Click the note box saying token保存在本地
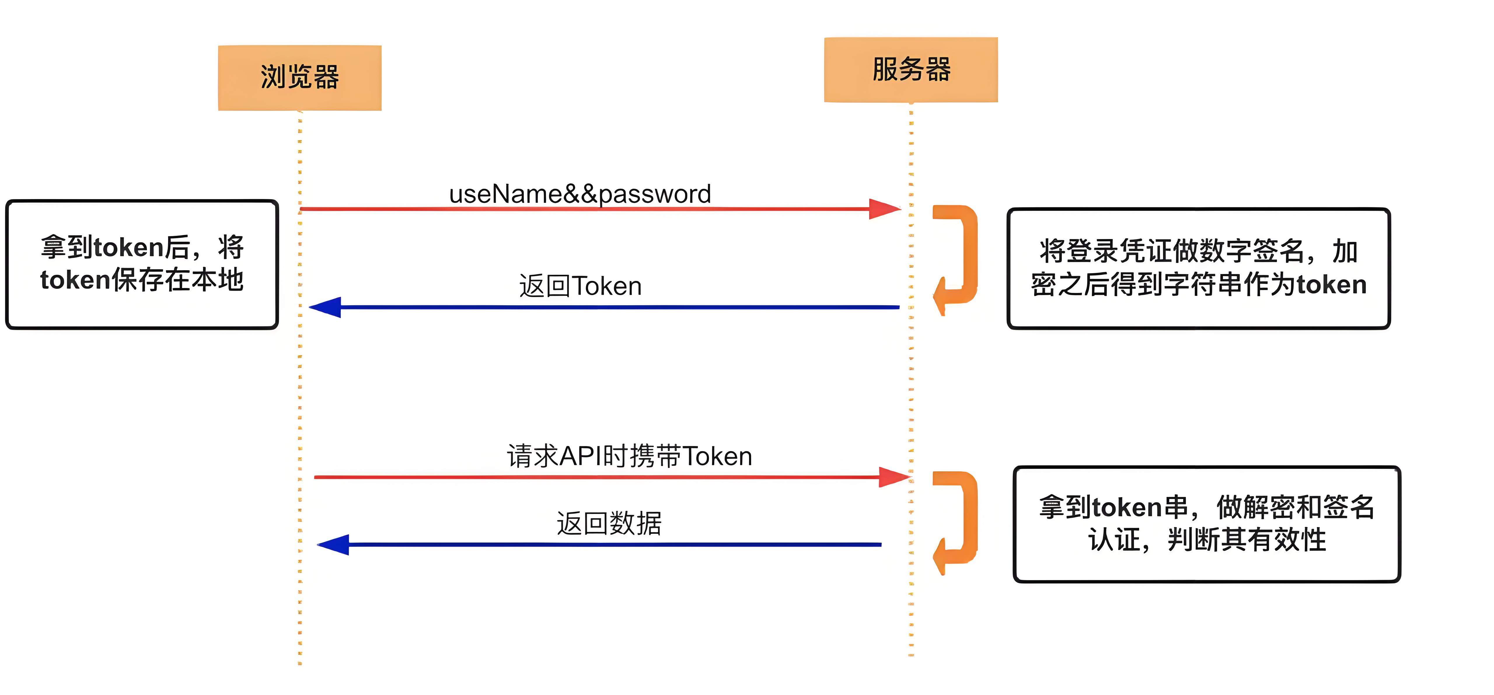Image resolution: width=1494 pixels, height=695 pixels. tap(142, 264)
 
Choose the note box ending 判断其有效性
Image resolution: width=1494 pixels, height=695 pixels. tap(1206, 524)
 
